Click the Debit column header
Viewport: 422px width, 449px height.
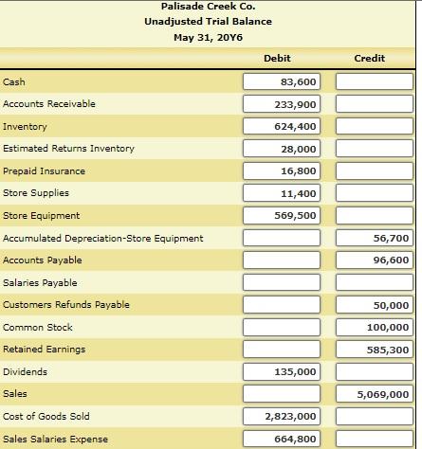[x=277, y=59]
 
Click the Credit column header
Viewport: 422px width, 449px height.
[x=369, y=59]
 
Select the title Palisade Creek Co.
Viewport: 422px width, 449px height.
[x=209, y=8]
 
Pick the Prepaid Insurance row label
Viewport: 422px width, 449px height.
[x=45, y=171]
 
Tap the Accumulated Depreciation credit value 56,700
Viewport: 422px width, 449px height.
[x=375, y=238]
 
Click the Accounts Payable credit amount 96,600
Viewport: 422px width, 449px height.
[x=375, y=260]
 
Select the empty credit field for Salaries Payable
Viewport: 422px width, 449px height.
[x=375, y=283]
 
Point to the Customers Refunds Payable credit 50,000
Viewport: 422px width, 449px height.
[x=375, y=305]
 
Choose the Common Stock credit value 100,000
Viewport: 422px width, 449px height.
[x=375, y=328]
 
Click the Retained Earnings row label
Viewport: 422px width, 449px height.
[x=45, y=350]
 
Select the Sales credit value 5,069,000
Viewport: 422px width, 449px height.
[x=375, y=394]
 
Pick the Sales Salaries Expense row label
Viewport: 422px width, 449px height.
[x=56, y=439]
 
